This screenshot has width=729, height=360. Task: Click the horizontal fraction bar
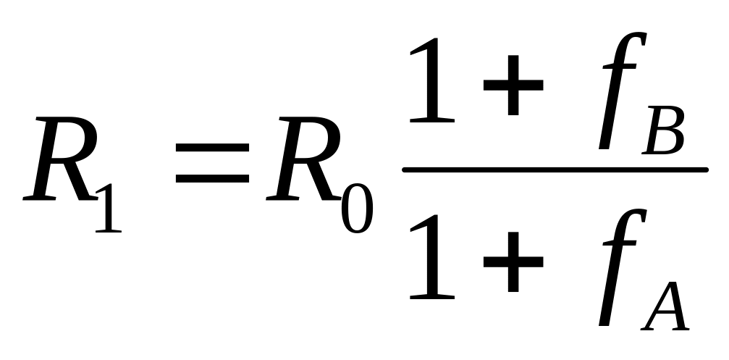tap(555, 170)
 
